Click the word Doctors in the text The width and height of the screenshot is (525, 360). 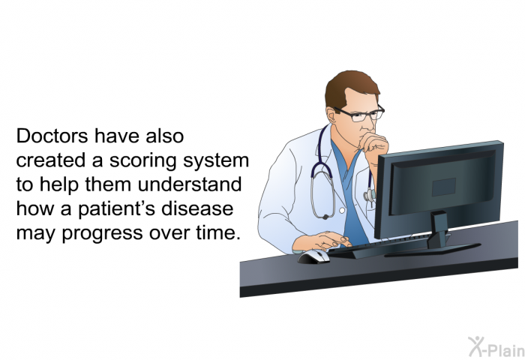pos(52,136)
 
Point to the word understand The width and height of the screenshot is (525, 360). pos(190,184)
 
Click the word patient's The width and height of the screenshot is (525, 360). pos(117,209)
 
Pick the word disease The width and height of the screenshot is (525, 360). pos(197,208)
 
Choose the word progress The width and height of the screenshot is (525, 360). pos(103,233)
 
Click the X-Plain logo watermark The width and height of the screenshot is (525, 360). pos(496,347)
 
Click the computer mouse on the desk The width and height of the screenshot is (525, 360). pos(313,256)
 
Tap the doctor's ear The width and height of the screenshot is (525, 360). pos(331,115)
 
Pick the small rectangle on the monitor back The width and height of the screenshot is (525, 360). pos(444,187)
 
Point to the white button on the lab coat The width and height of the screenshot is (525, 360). pos(342,211)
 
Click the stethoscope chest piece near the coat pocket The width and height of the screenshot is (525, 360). pos(369,195)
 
